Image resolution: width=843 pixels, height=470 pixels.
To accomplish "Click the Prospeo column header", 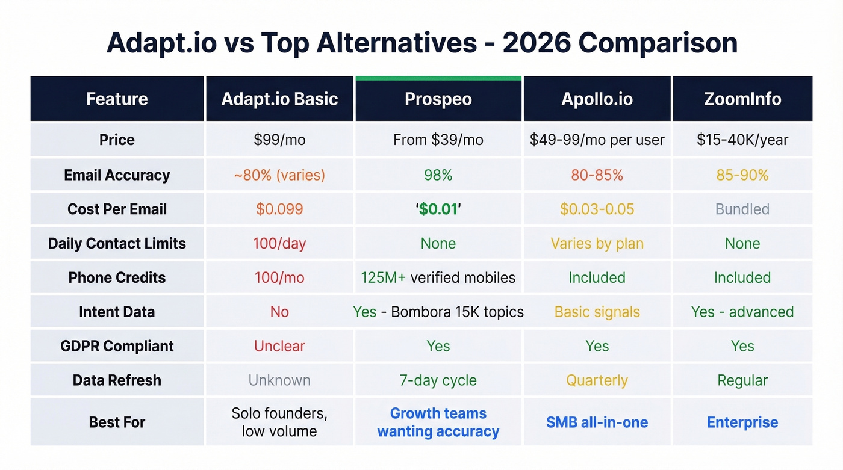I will point(438,99).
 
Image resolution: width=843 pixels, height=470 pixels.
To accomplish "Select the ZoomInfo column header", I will point(742,99).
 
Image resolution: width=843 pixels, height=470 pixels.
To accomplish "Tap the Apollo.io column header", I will point(597,99).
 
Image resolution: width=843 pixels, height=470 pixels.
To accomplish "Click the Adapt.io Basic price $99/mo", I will point(279,140).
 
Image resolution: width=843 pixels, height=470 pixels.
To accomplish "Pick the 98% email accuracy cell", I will point(438,175).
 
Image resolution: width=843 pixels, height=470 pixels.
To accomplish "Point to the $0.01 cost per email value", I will point(438,209).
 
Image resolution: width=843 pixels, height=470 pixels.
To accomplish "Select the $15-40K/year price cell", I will point(742,140).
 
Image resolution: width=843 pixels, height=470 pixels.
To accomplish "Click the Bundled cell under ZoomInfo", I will point(742,209).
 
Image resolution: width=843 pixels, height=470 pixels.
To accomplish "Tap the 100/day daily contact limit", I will point(279,244).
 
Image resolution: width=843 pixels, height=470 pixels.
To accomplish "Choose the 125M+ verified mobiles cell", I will point(438,278).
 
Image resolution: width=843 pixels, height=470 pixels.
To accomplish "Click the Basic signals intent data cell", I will point(597,312).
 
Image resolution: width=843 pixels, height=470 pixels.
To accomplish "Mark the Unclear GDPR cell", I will point(279,347).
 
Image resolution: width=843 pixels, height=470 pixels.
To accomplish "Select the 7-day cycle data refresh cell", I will point(438,381).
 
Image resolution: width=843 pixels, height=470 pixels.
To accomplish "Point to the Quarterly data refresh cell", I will point(597,381).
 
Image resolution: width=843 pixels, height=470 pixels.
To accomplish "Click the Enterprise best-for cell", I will point(742,422).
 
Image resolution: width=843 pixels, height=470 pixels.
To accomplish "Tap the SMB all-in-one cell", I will point(597,422).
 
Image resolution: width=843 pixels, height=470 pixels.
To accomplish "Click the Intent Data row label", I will point(117,312).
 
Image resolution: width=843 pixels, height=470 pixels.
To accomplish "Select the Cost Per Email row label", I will point(117,209).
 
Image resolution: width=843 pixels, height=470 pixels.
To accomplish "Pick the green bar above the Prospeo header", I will point(438,78).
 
